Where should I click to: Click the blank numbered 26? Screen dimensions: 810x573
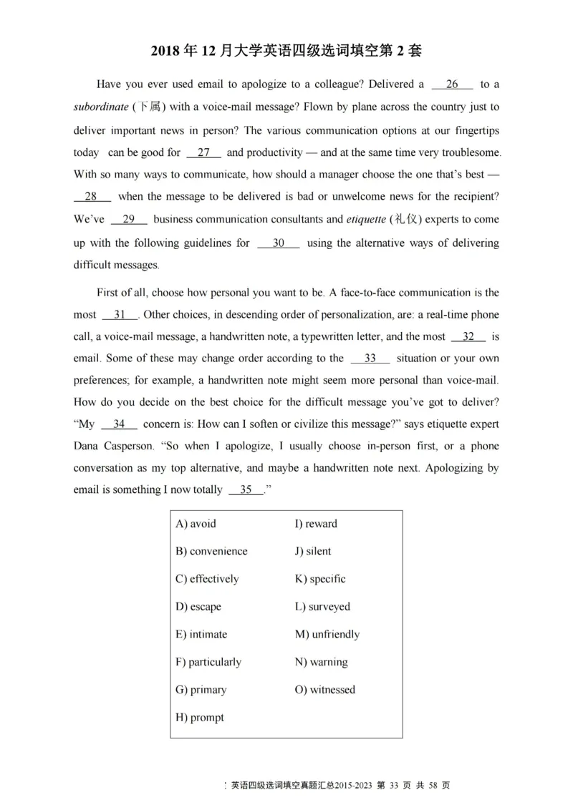tap(452, 84)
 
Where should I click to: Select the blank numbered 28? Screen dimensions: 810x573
tap(92, 197)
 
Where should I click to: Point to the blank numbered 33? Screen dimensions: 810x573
tap(370, 358)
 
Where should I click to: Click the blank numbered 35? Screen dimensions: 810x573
tap(246, 490)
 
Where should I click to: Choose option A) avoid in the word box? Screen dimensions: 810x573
tap(196, 524)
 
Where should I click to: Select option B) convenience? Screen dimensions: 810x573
tap(211, 552)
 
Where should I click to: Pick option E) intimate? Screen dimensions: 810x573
tap(201, 635)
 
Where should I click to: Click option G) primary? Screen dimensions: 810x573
tap(201, 691)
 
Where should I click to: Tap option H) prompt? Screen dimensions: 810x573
tap(199, 718)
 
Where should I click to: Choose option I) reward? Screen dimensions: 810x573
tap(316, 524)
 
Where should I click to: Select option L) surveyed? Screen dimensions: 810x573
tap(322, 607)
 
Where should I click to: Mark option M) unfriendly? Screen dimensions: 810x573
tap(327, 635)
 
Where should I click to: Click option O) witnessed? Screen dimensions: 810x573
tap(324, 691)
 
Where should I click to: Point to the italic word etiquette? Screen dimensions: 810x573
tap(366, 220)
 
